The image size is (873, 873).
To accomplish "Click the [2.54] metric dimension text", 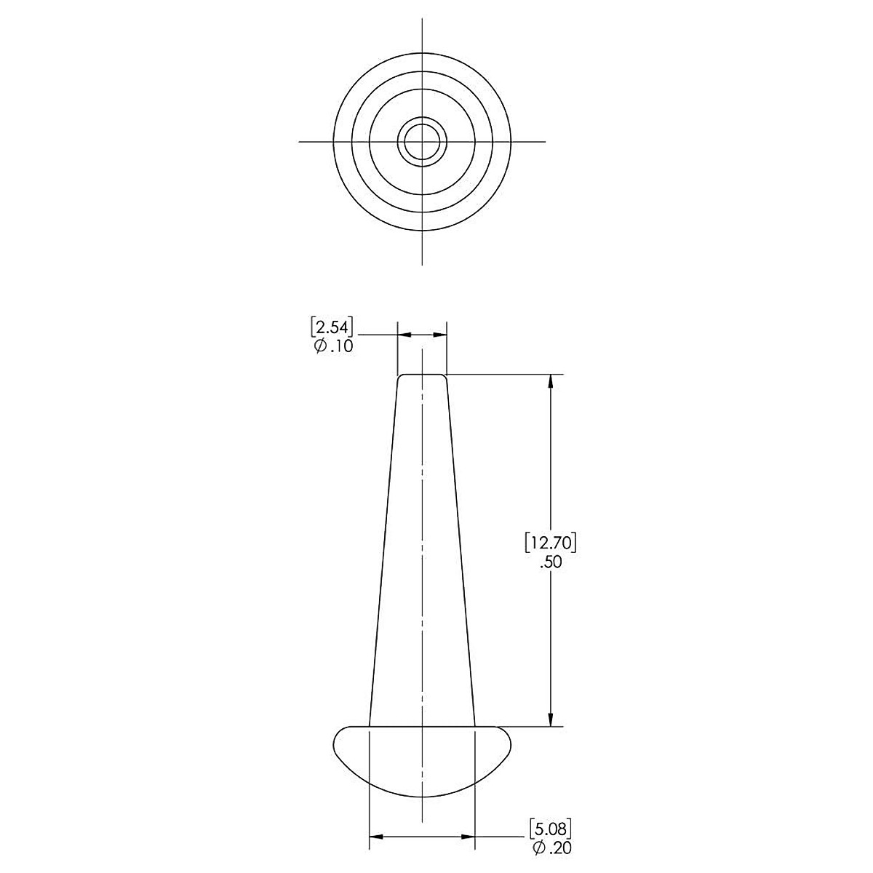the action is pyautogui.click(x=332, y=327).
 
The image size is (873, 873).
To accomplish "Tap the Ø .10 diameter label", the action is pyautogui.click(x=333, y=346).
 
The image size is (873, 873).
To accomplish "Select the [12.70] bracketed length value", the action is pyautogui.click(x=551, y=543).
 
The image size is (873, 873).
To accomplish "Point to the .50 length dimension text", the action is pyautogui.click(x=551, y=562).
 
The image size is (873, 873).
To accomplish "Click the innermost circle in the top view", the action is pyautogui.click(x=422, y=124).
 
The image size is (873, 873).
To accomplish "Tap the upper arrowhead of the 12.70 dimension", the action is pyautogui.click(x=551, y=381).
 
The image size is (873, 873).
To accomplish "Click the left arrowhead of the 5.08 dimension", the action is pyautogui.click(x=377, y=837).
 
